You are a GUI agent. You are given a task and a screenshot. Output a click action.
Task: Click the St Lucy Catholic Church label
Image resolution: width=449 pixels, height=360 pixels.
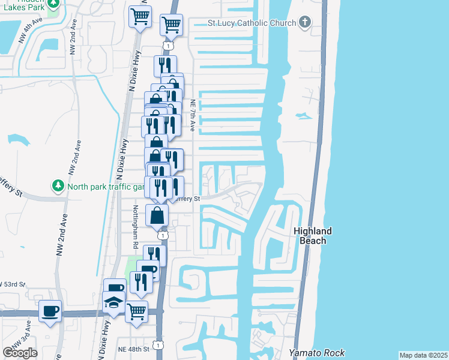click(x=252, y=23)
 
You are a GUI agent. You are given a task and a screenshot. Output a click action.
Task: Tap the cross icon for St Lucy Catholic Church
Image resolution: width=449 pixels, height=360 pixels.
click(x=305, y=23)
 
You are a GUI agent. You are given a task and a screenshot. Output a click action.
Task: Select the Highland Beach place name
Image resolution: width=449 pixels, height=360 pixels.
click(x=313, y=236)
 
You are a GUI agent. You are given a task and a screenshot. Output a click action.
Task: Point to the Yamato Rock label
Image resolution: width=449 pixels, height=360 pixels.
click(x=310, y=352)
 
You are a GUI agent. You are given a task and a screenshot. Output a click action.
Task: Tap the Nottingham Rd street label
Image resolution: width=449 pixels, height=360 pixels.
click(x=135, y=227)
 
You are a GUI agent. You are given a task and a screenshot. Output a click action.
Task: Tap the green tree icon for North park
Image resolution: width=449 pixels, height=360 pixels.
click(x=58, y=186)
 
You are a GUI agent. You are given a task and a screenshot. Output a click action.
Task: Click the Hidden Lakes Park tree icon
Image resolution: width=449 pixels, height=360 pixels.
click(x=53, y=4)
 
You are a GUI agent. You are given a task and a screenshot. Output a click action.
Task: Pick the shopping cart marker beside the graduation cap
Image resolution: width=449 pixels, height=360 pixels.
click(x=137, y=311)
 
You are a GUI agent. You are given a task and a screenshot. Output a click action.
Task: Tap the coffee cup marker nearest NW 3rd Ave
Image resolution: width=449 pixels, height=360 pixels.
click(x=50, y=311)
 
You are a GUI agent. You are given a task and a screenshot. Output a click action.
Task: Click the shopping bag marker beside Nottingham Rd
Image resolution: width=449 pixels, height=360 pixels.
click(x=157, y=215)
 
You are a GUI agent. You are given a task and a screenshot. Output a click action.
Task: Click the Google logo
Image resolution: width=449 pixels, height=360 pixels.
click(x=20, y=353)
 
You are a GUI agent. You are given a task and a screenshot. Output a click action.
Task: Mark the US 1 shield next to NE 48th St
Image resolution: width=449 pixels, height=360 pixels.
click(x=157, y=344)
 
